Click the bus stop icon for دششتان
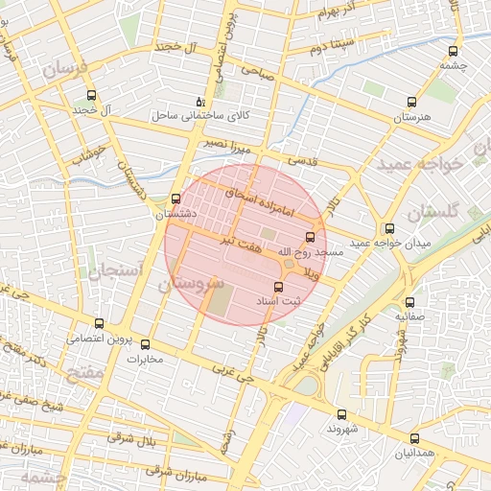175,199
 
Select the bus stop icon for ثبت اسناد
279,287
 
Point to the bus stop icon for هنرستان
412,101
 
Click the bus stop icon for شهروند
342,414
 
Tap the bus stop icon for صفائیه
410,300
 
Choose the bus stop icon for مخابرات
146,344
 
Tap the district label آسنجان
116,271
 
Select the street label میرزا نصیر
226,143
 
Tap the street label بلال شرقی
134,440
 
